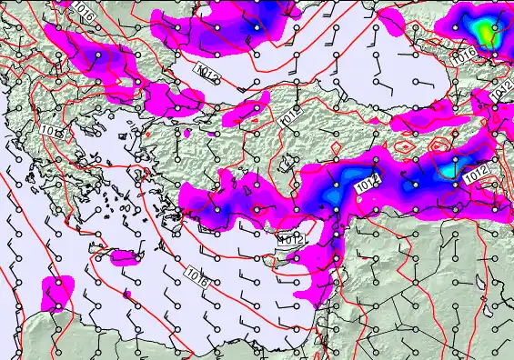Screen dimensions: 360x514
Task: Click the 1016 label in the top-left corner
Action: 84,12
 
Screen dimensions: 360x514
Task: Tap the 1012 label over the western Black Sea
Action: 207,70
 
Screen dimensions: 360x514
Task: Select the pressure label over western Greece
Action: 53,133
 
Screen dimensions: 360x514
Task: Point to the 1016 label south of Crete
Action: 196,274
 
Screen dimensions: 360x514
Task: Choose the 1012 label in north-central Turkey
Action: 289,116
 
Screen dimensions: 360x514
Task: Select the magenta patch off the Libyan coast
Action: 57,293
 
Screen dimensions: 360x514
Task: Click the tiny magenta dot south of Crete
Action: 125,295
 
